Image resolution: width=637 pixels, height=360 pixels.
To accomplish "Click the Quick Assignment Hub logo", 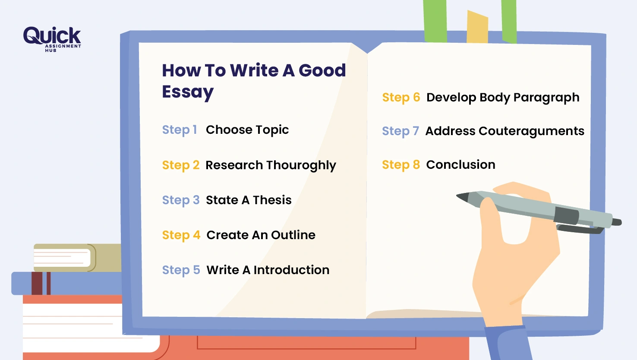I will [52, 38].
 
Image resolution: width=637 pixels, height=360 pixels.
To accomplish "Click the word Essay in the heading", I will [188, 92].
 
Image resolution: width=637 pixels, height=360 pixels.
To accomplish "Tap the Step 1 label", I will [180, 130].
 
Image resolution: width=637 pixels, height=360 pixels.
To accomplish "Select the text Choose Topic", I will [247, 130].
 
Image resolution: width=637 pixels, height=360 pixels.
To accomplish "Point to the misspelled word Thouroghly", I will [301, 165].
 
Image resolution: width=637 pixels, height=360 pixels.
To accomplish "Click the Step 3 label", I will [181, 200].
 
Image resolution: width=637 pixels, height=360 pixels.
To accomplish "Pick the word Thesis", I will [272, 200].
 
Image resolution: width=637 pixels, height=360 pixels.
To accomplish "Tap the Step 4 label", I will [181, 235].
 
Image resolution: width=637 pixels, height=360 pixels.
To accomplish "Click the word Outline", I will [293, 235].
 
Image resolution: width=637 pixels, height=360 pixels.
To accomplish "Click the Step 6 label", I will [401, 98].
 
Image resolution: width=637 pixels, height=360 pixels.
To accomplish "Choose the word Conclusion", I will [460, 165].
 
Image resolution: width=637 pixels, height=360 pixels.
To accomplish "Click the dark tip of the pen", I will [463, 197].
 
